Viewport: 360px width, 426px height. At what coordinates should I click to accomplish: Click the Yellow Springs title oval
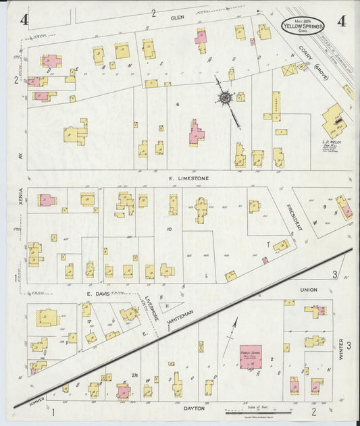pos(303,25)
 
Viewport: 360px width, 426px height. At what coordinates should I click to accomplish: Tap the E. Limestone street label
pos(189,178)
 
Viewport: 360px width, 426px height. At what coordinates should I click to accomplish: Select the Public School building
pos(251,356)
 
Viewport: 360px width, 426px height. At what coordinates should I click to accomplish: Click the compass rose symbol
pos(224,99)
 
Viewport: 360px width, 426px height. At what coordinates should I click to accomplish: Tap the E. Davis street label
pos(97,294)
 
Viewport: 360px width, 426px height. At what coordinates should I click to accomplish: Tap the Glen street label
pos(177,17)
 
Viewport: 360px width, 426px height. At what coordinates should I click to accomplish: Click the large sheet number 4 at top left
pos(24,20)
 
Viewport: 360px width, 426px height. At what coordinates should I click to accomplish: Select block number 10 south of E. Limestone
pos(170,230)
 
